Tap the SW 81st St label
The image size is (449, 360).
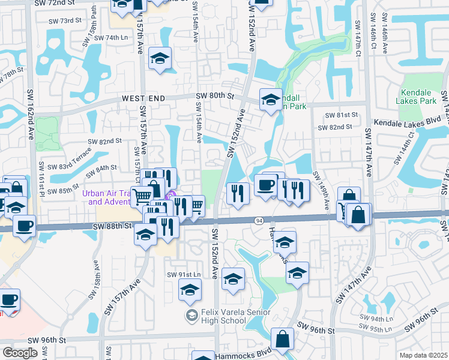tap(341, 115)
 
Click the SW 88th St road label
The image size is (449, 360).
tap(112, 226)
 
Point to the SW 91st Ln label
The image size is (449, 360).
tap(182, 274)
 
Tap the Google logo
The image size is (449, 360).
tap(20, 352)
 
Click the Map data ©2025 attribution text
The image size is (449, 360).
tap(423, 355)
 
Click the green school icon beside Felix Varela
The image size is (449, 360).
tap(191, 315)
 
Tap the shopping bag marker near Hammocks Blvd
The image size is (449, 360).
tap(282, 340)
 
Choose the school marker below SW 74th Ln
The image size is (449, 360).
tap(160, 59)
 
